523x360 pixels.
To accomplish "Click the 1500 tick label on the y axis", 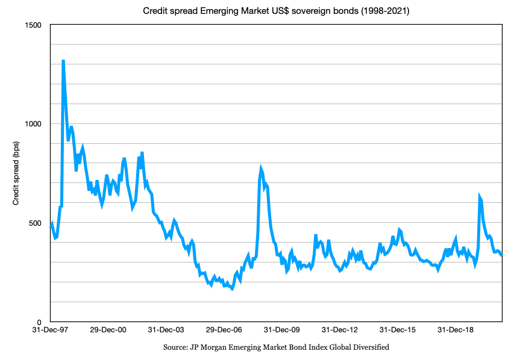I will [x=33, y=25].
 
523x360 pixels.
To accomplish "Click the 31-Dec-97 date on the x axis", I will [x=51, y=331].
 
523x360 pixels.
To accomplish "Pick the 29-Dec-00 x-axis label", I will [x=108, y=331].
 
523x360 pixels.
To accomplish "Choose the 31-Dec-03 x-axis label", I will [x=167, y=331].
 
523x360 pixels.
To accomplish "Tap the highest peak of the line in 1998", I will [x=63, y=61].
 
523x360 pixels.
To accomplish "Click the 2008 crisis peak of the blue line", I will [x=261, y=169].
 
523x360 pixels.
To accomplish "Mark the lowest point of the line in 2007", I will [x=232, y=289].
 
